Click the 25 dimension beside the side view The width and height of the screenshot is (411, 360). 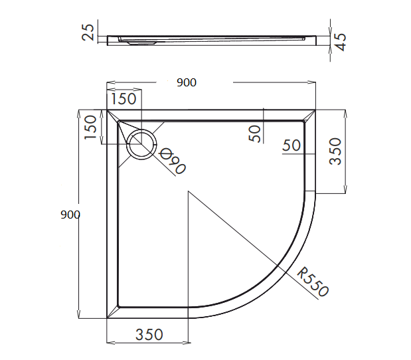[88, 32]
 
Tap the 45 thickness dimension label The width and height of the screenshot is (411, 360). [341, 42]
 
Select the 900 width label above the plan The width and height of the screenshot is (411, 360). [187, 82]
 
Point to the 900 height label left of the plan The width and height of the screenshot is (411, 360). [70, 215]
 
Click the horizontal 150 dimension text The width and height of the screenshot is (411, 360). [123, 99]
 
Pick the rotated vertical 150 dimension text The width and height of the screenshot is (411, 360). [91, 128]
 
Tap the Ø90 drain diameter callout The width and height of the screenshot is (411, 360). [172, 161]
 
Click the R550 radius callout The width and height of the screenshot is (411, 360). [313, 282]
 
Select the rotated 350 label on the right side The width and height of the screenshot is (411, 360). [335, 151]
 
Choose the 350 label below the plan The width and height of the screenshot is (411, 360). [149, 335]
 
